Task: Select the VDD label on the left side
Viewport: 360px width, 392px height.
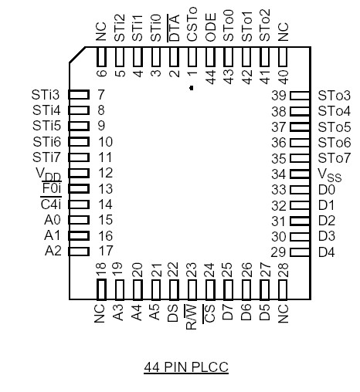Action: pos(48,174)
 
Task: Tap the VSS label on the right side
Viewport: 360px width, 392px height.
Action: pos(329,174)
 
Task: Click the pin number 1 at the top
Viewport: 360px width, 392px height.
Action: pos(192,75)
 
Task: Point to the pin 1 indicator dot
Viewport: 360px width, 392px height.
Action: pos(192,89)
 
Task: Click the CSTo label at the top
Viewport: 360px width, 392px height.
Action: pos(192,29)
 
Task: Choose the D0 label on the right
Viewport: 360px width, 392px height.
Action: pos(326,189)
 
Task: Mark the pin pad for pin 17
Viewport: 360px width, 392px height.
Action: pos(80,251)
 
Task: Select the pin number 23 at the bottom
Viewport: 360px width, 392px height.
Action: pos(192,270)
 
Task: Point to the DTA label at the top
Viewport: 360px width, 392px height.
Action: pos(174,32)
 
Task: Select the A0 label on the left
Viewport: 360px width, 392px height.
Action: pos(52,220)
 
